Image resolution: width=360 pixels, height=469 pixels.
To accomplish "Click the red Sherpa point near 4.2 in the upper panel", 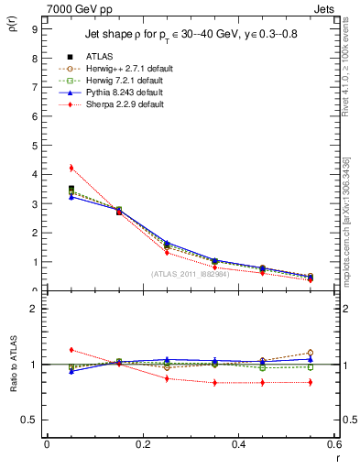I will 71,168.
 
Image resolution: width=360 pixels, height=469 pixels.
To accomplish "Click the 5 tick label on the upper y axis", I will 34,145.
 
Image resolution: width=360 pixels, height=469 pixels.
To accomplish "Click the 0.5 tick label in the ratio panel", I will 29,420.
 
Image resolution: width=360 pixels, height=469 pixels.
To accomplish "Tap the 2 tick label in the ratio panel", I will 34,309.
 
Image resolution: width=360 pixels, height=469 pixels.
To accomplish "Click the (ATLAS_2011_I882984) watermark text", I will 191,274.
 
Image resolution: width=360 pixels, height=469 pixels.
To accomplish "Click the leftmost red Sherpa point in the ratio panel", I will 71,350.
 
